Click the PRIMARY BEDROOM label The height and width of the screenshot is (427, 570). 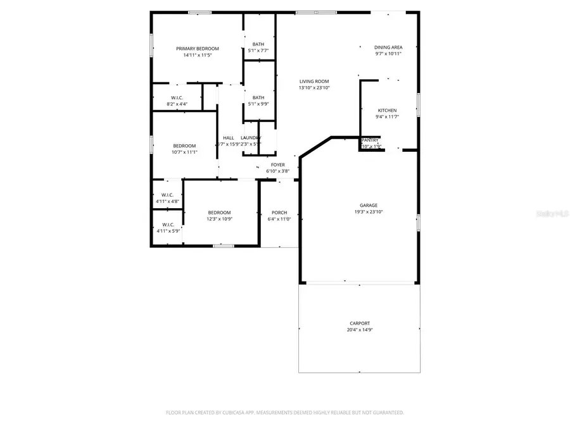pyautogui.click(x=198, y=49)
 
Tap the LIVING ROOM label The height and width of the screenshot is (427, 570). pyautogui.click(x=314, y=81)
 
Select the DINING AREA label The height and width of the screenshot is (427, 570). pyautogui.click(x=388, y=47)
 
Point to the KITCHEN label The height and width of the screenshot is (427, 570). pyautogui.click(x=387, y=110)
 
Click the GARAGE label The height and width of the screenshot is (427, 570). pyautogui.click(x=369, y=205)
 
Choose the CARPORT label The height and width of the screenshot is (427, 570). pyautogui.click(x=359, y=323)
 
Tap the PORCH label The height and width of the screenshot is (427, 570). pyautogui.click(x=279, y=213)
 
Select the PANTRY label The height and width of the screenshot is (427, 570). pyautogui.click(x=370, y=140)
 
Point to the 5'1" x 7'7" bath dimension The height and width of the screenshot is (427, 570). pyautogui.click(x=258, y=51)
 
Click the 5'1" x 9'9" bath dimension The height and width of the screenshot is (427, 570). pyautogui.click(x=258, y=104)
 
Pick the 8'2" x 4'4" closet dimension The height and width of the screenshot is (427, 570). pyautogui.click(x=177, y=104)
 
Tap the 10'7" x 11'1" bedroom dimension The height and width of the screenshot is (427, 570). pyautogui.click(x=185, y=152)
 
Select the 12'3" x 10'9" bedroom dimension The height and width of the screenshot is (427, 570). pyautogui.click(x=219, y=219)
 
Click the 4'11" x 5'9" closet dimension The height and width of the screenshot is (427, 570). pyautogui.click(x=168, y=231)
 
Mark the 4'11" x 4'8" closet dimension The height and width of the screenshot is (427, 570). pyautogui.click(x=168, y=201)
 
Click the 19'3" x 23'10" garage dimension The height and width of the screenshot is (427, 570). pyautogui.click(x=369, y=212)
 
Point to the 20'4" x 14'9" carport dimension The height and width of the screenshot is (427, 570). pyautogui.click(x=359, y=330)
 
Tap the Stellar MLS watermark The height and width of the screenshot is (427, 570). pyautogui.click(x=553, y=215)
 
